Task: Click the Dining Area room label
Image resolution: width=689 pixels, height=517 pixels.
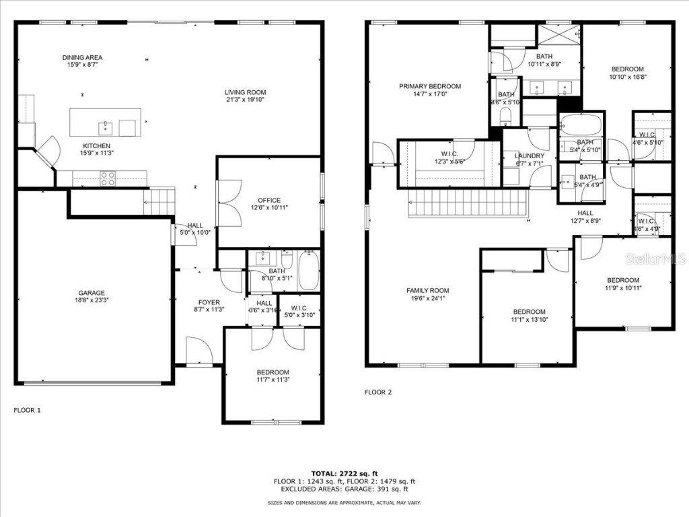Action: (82, 58)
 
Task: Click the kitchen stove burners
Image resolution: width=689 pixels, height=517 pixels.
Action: (108, 178)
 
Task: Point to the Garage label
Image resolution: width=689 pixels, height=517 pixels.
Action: (91, 293)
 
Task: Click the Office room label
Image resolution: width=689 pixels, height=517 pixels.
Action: (269, 201)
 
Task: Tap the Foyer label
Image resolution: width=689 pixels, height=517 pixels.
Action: (209, 302)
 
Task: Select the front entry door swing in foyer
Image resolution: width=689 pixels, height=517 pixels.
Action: (199, 350)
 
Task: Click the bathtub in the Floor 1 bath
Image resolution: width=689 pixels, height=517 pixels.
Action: (308, 270)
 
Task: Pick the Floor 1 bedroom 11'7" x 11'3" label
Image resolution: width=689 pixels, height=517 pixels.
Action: (273, 372)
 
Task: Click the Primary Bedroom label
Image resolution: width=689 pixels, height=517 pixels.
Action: (430, 86)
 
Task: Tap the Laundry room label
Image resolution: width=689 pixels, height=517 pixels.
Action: (530, 156)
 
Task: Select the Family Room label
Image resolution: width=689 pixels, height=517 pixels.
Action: (427, 291)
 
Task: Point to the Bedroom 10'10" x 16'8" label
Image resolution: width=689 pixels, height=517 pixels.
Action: (627, 69)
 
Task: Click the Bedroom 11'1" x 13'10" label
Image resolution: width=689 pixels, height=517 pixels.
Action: (530, 312)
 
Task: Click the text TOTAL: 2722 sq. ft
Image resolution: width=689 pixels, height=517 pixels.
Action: (344, 473)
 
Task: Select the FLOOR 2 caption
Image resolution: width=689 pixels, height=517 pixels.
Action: (377, 392)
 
